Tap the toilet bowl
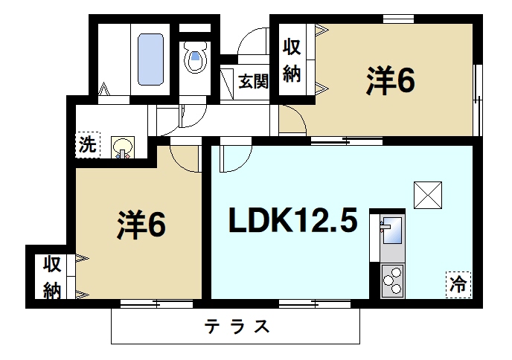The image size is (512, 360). [196, 58]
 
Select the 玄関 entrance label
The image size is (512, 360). [253, 81]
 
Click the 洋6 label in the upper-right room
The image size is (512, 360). [389, 81]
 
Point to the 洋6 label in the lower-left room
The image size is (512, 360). [141, 225]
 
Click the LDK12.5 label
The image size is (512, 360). [293, 221]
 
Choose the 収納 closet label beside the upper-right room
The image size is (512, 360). [291, 61]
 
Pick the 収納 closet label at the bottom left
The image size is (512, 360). [51, 277]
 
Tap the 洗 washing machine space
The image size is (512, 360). [87, 144]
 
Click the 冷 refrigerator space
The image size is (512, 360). [458, 283]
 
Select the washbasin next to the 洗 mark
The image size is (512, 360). [121, 147]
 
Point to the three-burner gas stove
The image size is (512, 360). [391, 282]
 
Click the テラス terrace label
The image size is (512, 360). [237, 327]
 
